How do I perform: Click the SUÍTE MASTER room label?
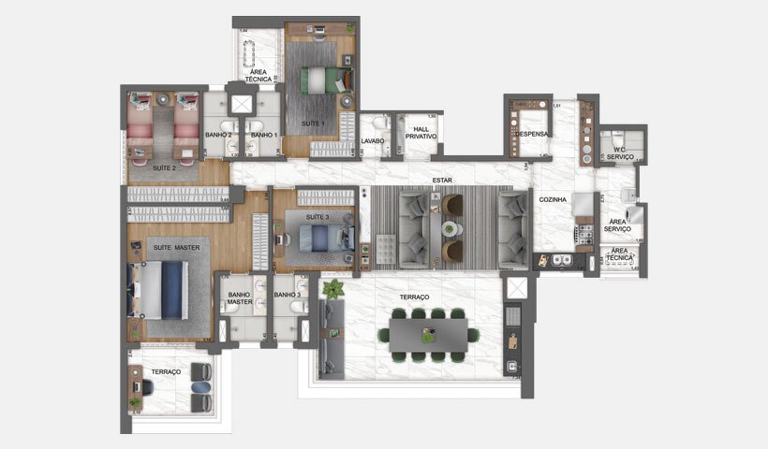tap(177, 247)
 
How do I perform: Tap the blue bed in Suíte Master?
tap(174, 291)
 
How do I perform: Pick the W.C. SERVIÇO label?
tap(620, 152)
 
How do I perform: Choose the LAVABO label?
tap(375, 141)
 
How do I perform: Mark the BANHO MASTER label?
tap(241, 298)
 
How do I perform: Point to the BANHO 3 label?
tap(286, 295)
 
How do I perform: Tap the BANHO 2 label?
tap(218, 135)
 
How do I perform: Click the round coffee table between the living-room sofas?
tap(450, 228)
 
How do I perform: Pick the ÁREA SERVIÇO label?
tap(617, 224)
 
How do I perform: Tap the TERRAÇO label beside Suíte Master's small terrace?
tap(165, 371)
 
